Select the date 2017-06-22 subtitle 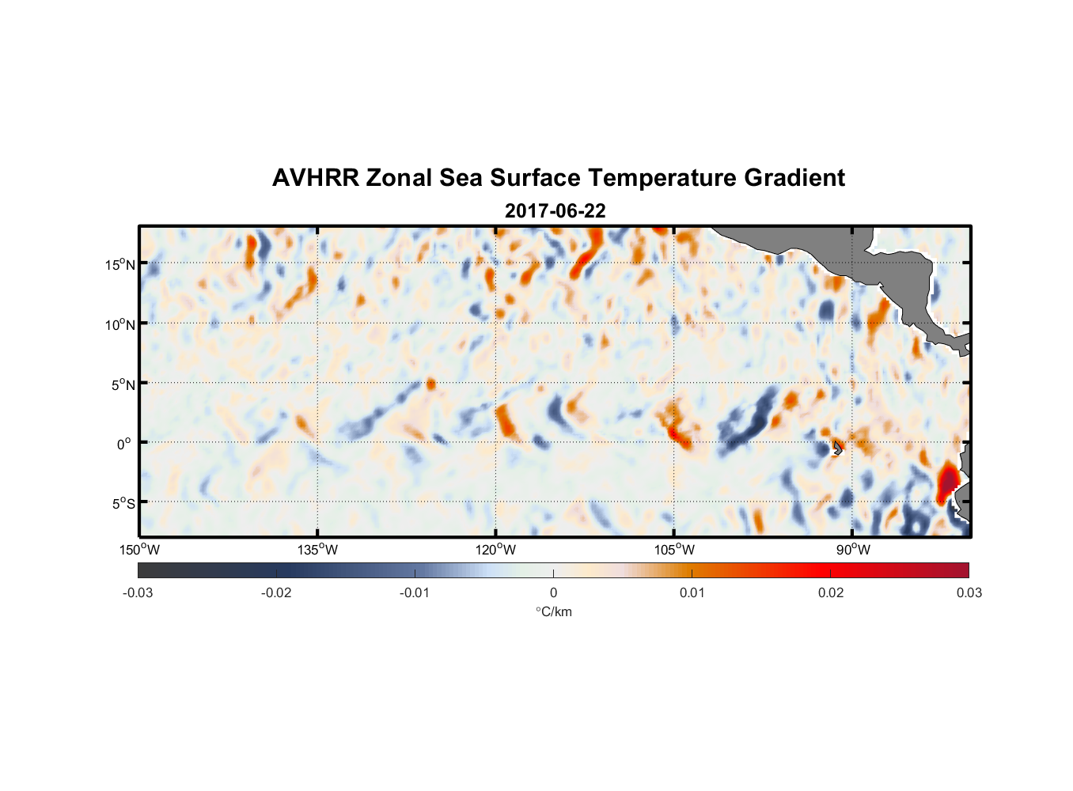pyautogui.click(x=555, y=211)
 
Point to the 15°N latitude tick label pyautogui.click(x=120, y=264)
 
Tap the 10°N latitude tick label pyautogui.click(x=120, y=324)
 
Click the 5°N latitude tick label pyautogui.click(x=123, y=384)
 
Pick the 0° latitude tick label pyautogui.click(x=124, y=444)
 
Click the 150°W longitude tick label pyautogui.click(x=140, y=550)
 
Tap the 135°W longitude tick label pyautogui.click(x=318, y=550)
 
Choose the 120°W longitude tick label pyautogui.click(x=496, y=550)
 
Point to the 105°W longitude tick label pyautogui.click(x=674, y=550)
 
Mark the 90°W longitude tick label pyautogui.click(x=853, y=550)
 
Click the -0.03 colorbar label pyautogui.click(x=138, y=592)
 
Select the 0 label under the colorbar pyautogui.click(x=553, y=592)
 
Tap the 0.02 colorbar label pyautogui.click(x=831, y=592)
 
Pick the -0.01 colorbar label pyautogui.click(x=415, y=592)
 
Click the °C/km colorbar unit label pyautogui.click(x=553, y=611)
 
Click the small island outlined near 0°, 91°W pyautogui.click(x=836, y=448)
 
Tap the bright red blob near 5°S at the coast pyautogui.click(x=947, y=482)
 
